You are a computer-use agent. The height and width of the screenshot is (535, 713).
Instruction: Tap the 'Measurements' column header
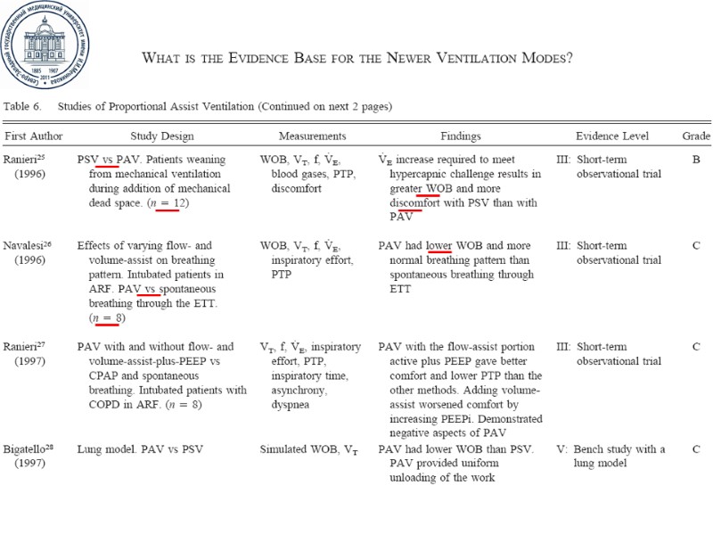pos(312,136)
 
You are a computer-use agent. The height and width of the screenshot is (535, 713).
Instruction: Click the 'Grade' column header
pos(696,136)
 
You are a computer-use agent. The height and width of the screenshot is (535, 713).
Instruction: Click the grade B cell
pos(695,160)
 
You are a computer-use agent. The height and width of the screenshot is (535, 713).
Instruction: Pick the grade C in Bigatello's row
pos(695,449)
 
